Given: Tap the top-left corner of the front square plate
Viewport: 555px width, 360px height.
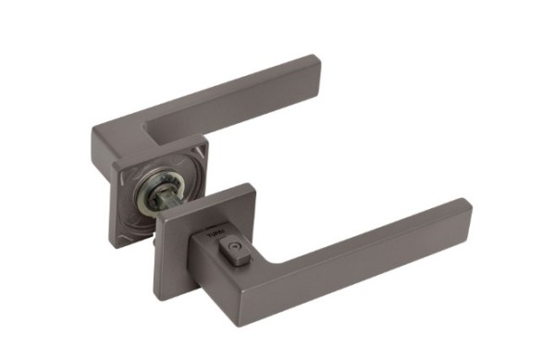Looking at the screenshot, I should click(x=156, y=220).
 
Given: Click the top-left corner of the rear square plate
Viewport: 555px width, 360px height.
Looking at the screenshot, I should click(x=113, y=168).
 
